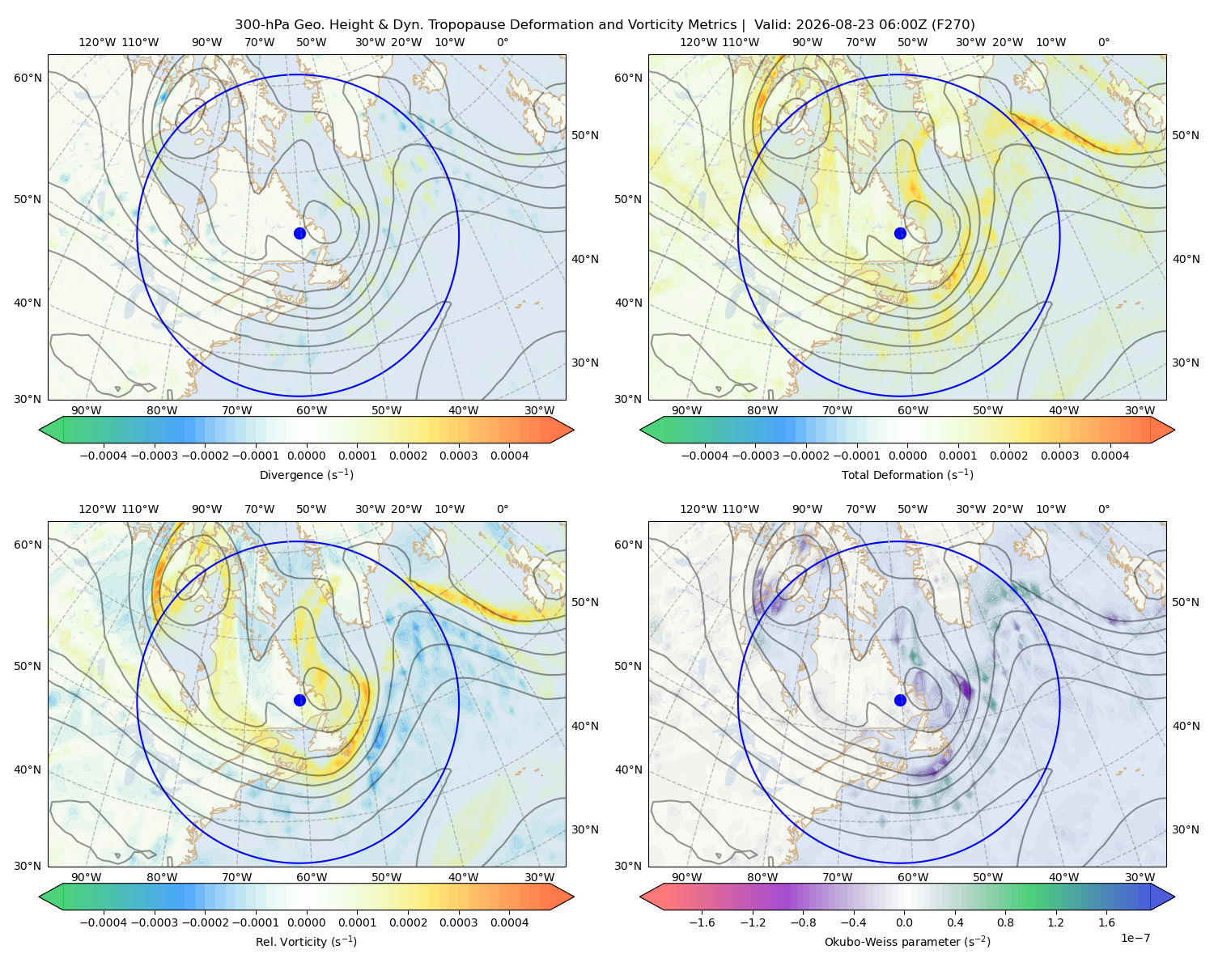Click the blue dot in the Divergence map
click(x=299, y=233)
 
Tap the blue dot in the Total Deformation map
click(x=900, y=233)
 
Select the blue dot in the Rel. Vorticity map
click(x=299, y=700)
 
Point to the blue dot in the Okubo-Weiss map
click(x=900, y=700)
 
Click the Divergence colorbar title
click(x=306, y=474)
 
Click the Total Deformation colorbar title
click(x=907, y=474)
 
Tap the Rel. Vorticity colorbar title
click(x=306, y=941)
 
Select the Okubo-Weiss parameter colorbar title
click(x=907, y=941)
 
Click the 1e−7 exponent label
click(x=1135, y=938)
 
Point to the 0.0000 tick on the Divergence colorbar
click(x=306, y=456)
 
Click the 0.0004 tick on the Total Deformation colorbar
click(x=1110, y=456)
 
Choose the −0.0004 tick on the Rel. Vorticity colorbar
click(x=104, y=922)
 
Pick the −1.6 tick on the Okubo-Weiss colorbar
click(x=702, y=922)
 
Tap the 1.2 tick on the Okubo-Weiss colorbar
click(x=1055, y=922)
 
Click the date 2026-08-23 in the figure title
click(x=833, y=25)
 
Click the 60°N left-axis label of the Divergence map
click(x=28, y=78)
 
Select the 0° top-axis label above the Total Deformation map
click(x=1103, y=42)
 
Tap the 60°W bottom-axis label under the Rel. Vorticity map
click(x=312, y=877)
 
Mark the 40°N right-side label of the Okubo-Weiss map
click(x=1186, y=726)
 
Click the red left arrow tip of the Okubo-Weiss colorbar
click(x=641, y=897)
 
